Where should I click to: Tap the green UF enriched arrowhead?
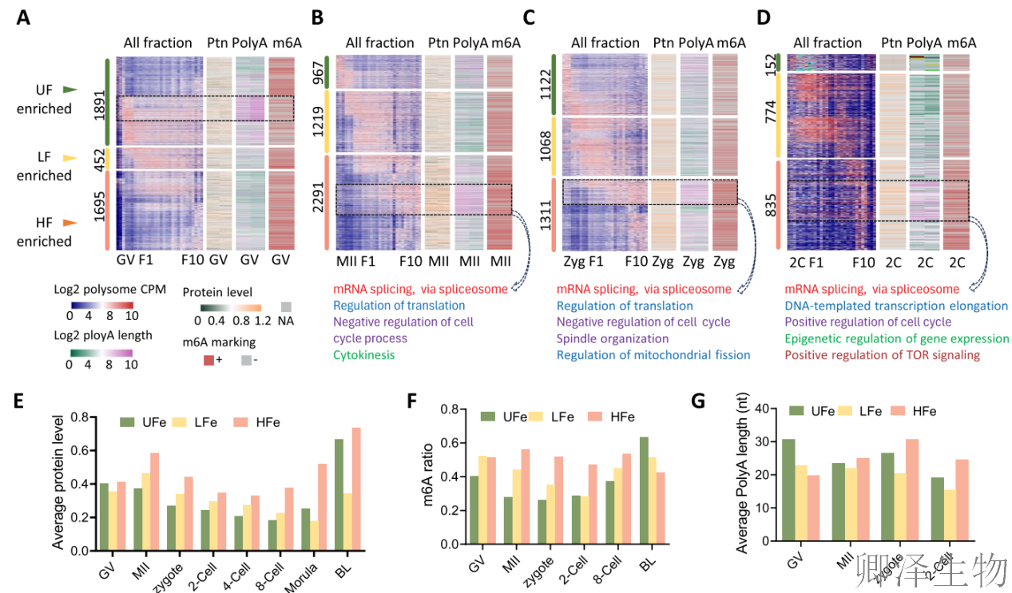71,90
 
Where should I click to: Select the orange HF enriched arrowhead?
71,223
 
